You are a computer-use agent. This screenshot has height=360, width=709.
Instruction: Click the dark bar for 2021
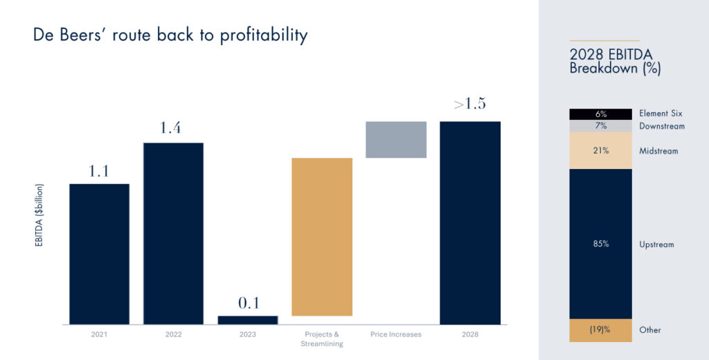coord(99,253)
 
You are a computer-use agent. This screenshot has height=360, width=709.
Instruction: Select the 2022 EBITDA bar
coord(173,233)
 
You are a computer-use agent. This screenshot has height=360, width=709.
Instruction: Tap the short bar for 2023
coord(247,320)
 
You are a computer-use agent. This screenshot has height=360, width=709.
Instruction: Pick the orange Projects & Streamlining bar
coord(322,237)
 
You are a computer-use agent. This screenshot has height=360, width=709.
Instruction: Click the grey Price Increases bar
coord(396,140)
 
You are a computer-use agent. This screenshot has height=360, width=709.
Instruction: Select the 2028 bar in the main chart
coord(470,223)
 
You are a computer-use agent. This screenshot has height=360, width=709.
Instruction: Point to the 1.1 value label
coord(99,172)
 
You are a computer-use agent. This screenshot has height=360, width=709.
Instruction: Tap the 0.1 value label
coord(247,303)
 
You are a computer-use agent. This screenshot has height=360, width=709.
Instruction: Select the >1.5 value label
coord(469,105)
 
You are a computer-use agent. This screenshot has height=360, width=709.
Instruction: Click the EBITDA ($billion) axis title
coord(39,215)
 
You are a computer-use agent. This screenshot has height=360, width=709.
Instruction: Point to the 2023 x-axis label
coord(247,335)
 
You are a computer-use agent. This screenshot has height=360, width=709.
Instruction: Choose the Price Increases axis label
coord(396,335)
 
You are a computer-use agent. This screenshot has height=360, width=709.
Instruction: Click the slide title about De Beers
coord(170,35)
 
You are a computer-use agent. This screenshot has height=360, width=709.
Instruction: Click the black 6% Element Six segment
coord(600,114)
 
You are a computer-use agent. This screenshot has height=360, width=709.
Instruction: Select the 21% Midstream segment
coord(600,151)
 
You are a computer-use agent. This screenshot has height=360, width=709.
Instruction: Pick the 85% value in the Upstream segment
coord(600,244)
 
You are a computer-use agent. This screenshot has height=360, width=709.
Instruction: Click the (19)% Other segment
coord(600,330)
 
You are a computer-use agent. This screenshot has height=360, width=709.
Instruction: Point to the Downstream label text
coord(662,126)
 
